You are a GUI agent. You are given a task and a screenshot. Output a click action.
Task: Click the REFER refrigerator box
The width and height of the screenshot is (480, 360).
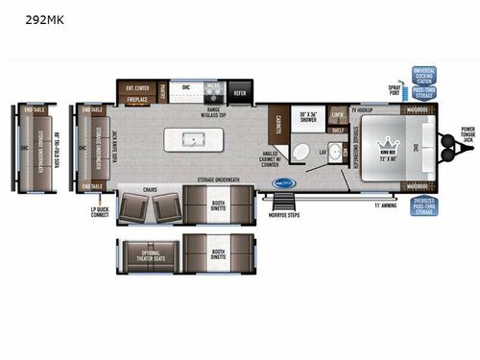[239, 93]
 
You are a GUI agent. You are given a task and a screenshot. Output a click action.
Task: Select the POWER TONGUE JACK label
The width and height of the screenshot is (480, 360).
[467, 135]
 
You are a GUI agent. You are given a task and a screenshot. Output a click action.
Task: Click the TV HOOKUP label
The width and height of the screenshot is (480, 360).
[361, 108]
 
